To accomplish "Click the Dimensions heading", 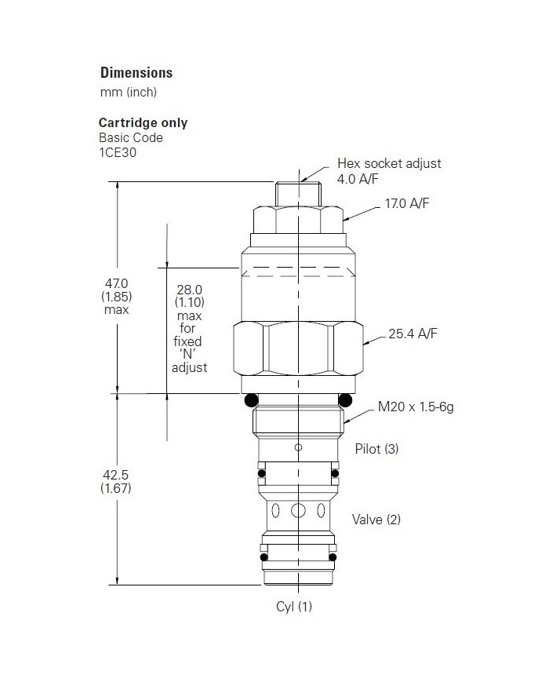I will pos(136,73).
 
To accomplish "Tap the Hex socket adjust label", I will pos(389,164).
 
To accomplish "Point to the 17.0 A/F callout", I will pos(407,204).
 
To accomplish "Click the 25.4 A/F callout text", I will pos(413,334).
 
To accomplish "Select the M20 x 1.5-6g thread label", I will pos(416,407).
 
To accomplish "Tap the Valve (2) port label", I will pos(376,519).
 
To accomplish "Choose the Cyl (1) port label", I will pos(294,606).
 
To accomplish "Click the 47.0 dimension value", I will pos(115,283).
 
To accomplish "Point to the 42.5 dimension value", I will pos(115,474).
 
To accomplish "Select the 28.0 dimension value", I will pos(189,289).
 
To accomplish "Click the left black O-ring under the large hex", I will pos(251,401).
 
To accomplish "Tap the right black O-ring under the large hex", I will pos(346,401).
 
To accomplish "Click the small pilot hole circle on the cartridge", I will pos(298,447).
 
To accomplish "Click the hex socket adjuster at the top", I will pos(298,191).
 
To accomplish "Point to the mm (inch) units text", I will pos(129,93).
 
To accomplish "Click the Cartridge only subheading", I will pos(143,123).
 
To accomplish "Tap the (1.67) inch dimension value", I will pos(115,488).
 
